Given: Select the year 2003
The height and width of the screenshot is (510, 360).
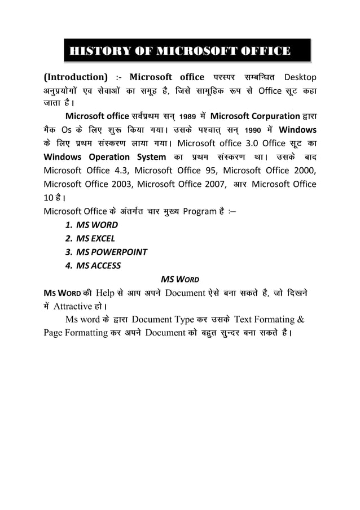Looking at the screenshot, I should coord(117,184).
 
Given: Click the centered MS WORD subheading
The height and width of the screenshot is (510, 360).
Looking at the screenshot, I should coord(179,279).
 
